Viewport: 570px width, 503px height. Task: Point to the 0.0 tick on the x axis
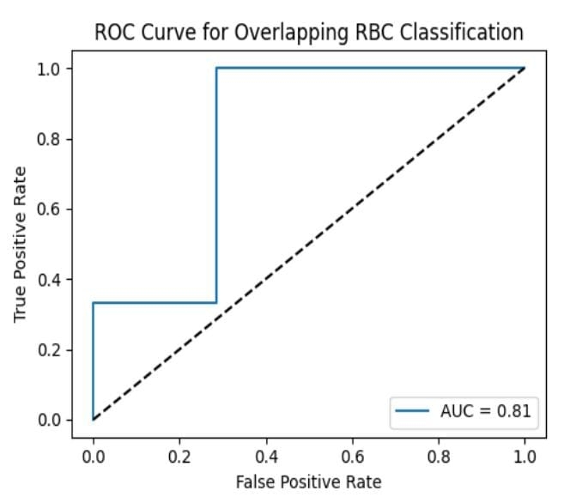(93, 455)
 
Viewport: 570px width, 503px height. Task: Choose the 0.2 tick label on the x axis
(179, 455)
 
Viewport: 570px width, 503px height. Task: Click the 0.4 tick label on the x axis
(265, 455)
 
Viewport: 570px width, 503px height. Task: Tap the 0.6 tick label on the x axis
(352, 455)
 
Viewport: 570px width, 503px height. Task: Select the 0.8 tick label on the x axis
(438, 455)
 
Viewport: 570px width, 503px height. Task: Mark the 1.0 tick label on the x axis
(524, 455)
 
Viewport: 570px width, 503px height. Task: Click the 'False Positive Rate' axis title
(308, 481)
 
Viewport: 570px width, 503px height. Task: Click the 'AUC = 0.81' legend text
(486, 411)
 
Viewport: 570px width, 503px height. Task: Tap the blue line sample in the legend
(413, 411)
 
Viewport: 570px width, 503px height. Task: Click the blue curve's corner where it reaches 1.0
(216, 69)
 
